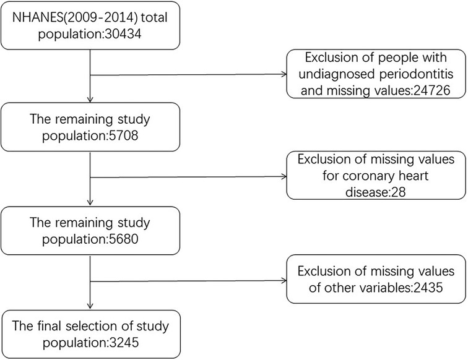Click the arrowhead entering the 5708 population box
91,100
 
